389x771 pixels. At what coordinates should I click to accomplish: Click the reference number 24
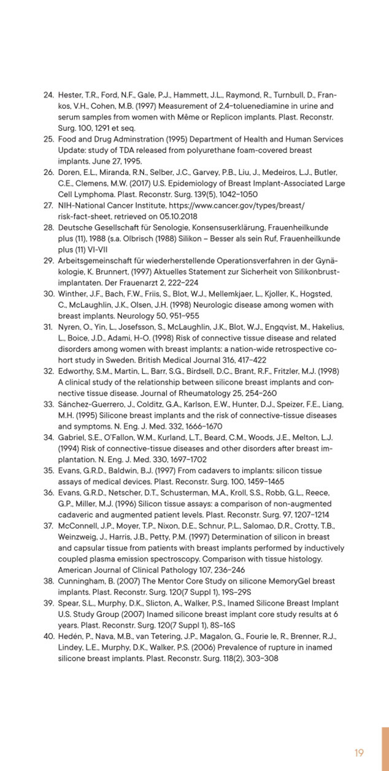click(48, 95)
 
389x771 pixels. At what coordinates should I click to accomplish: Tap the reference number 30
click(48, 294)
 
